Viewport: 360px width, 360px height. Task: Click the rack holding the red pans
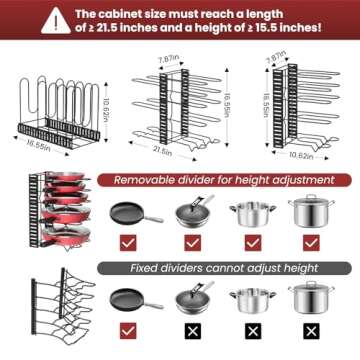55,215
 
